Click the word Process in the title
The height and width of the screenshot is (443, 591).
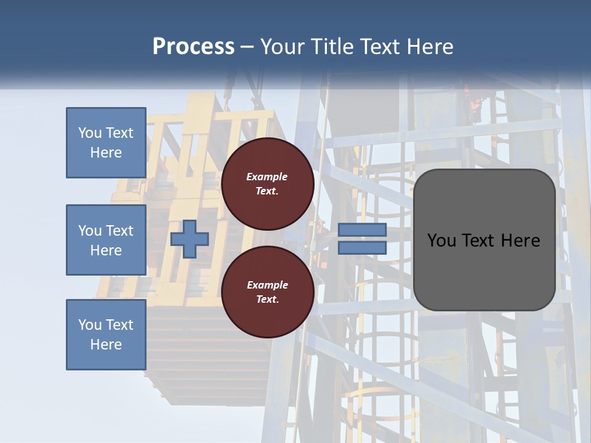point(193,47)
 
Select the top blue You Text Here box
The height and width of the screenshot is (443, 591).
point(106,143)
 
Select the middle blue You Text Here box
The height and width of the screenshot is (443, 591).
point(106,240)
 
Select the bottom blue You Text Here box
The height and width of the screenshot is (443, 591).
point(106,335)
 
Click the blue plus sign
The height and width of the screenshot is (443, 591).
point(190,239)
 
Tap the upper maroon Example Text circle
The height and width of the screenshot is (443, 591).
point(267,184)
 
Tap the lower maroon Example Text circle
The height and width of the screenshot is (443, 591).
point(267,292)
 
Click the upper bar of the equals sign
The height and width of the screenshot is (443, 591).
point(362,230)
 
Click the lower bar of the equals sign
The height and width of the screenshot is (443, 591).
point(362,247)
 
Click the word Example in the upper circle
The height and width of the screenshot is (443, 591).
point(267,177)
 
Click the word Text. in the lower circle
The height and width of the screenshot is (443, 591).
point(267,300)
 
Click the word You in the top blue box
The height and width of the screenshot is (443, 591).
point(90,133)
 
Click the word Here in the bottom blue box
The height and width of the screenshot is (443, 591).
point(106,345)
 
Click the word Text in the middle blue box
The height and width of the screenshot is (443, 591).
point(119,231)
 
